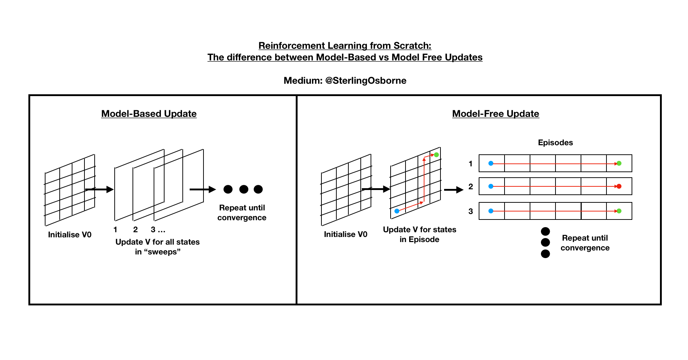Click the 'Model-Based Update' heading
point(149,114)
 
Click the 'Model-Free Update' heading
point(495,114)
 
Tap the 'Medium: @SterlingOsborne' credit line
point(345,80)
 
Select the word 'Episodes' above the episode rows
point(555,143)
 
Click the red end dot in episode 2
point(619,186)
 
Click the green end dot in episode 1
point(619,163)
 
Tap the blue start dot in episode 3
point(491,211)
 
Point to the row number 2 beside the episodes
point(471,187)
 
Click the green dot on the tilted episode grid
point(436,155)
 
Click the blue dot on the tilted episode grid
point(397,211)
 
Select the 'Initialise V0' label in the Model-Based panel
point(70,235)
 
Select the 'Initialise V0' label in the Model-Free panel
point(345,234)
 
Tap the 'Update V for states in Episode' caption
point(419,234)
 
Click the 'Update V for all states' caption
point(157,242)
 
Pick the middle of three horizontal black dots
point(244,189)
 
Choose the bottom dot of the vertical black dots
point(545,254)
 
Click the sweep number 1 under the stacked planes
point(115,230)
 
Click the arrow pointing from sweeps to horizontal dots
point(202,189)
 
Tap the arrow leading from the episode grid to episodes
point(454,190)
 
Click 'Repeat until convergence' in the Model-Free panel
point(585,243)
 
